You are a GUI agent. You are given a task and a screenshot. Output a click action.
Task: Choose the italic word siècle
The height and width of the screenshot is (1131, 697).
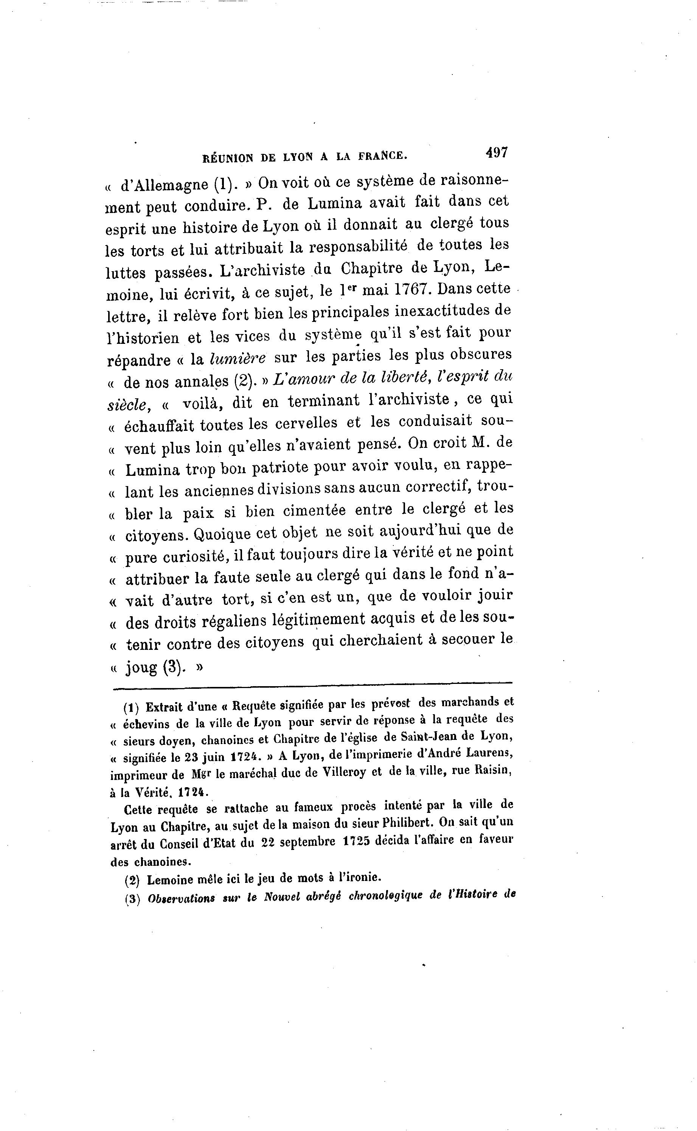pos(127,404)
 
